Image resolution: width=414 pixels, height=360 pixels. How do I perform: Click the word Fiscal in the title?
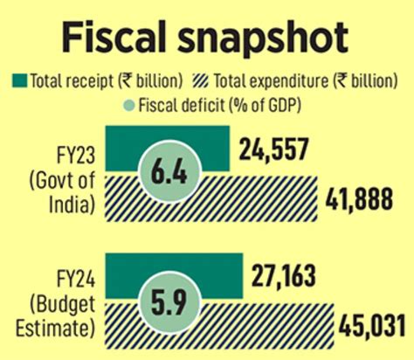pyautogui.click(x=114, y=38)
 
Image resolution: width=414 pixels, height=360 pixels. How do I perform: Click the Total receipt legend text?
pyautogui.click(x=105, y=81)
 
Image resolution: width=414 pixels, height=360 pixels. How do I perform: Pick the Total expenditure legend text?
pyautogui.click(x=309, y=81)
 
